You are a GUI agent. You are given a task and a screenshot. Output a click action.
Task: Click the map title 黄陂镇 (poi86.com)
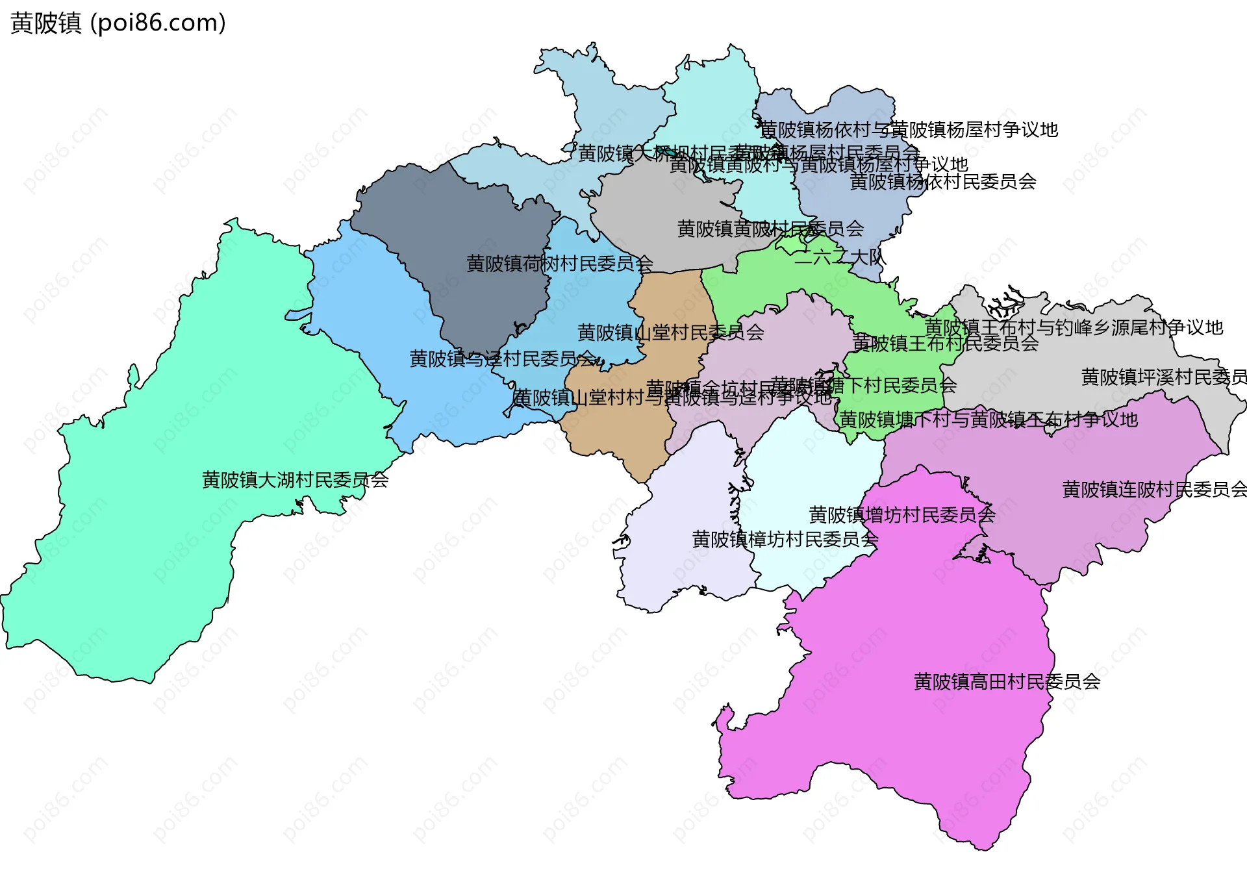pyautogui.click(x=118, y=23)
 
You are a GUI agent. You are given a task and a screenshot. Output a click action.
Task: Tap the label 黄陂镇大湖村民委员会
pyautogui.click(x=295, y=480)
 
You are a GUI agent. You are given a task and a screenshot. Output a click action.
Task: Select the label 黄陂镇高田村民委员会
pyautogui.click(x=1007, y=681)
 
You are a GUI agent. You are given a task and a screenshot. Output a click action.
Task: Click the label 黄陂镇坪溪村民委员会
pyautogui.click(x=1163, y=377)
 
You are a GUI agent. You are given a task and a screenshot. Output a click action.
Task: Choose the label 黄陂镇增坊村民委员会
pyautogui.click(x=901, y=515)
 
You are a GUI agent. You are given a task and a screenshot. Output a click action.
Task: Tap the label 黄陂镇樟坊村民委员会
pyautogui.click(x=785, y=539)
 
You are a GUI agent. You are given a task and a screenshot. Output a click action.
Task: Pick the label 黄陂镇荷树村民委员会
pyautogui.click(x=559, y=264)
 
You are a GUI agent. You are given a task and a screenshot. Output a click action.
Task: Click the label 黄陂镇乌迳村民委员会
pyautogui.click(x=502, y=358)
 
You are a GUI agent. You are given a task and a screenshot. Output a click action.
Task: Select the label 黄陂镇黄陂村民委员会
pyautogui.click(x=770, y=229)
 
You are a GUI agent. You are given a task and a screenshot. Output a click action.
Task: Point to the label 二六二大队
pyautogui.click(x=839, y=257)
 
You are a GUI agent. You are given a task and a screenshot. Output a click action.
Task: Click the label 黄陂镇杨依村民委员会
pyautogui.click(x=942, y=182)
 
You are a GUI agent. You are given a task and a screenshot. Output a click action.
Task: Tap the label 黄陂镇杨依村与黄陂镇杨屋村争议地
pyautogui.click(x=909, y=130)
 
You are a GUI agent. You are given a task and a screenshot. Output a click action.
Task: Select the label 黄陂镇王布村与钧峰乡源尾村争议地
pyautogui.click(x=1074, y=327)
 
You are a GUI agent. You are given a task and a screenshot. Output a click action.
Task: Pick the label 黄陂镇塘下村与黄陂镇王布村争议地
pyautogui.click(x=989, y=420)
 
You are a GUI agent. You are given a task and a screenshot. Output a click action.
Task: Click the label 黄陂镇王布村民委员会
pyautogui.click(x=945, y=343)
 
